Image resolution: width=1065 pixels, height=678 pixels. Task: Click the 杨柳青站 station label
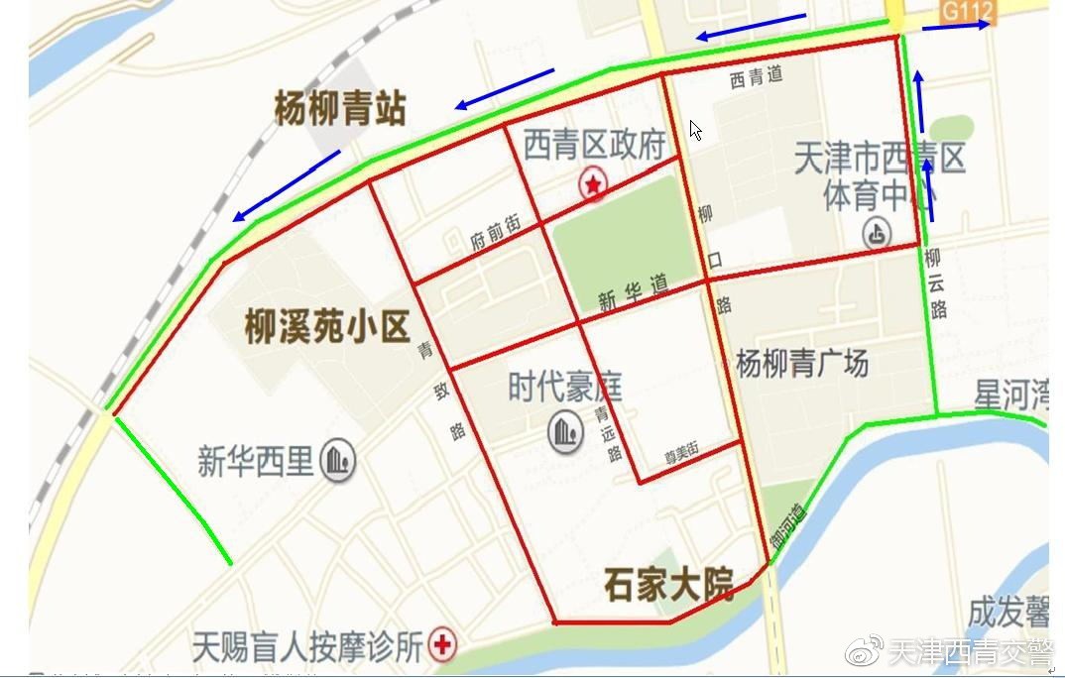[340, 109]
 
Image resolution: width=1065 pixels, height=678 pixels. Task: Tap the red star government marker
[593, 183]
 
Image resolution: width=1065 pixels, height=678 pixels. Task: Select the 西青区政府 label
[594, 146]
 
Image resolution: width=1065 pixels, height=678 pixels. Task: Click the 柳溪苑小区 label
[326, 327]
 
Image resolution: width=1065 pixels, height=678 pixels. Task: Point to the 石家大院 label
[668, 586]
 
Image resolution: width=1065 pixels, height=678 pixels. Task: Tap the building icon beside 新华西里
[339, 461]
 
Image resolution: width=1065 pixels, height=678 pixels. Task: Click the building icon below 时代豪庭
[565, 431]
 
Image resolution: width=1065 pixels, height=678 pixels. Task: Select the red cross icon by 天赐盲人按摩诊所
[442, 647]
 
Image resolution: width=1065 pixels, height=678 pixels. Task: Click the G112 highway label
[968, 11]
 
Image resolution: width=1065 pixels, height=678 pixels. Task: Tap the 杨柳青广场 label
[802, 364]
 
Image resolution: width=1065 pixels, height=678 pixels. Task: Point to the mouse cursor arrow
[695, 130]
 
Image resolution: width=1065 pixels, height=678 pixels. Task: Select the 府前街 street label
[495, 234]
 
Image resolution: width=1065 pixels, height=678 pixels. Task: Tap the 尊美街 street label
[681, 451]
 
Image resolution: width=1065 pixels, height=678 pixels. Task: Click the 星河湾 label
[1010, 395]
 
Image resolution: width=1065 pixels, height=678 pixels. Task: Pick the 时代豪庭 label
[564, 388]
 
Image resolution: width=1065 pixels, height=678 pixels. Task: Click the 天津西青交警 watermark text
[970, 652]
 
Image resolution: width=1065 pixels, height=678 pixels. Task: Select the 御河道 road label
[789, 525]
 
